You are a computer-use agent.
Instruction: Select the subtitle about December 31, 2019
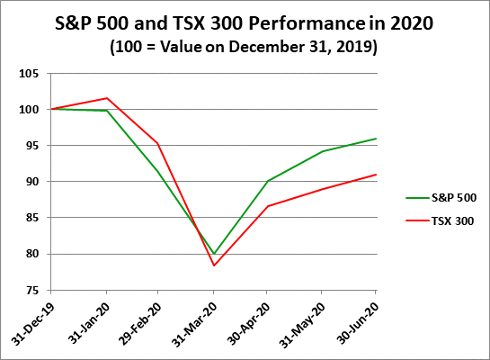coord(245,46)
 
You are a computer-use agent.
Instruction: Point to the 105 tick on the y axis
coord(33,74)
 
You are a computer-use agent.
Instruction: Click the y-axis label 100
coord(33,110)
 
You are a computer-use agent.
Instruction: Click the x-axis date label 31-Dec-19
coord(36,319)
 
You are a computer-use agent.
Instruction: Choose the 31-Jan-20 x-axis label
coord(90,319)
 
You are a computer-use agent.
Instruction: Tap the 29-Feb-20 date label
coord(142,319)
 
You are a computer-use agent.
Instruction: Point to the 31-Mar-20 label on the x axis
coord(197,319)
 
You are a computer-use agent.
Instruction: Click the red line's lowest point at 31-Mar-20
coord(214,265)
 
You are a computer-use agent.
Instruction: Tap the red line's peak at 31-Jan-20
coord(107,98)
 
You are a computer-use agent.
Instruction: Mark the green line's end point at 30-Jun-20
coord(376,139)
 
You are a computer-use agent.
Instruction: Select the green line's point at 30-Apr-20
coord(267,181)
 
